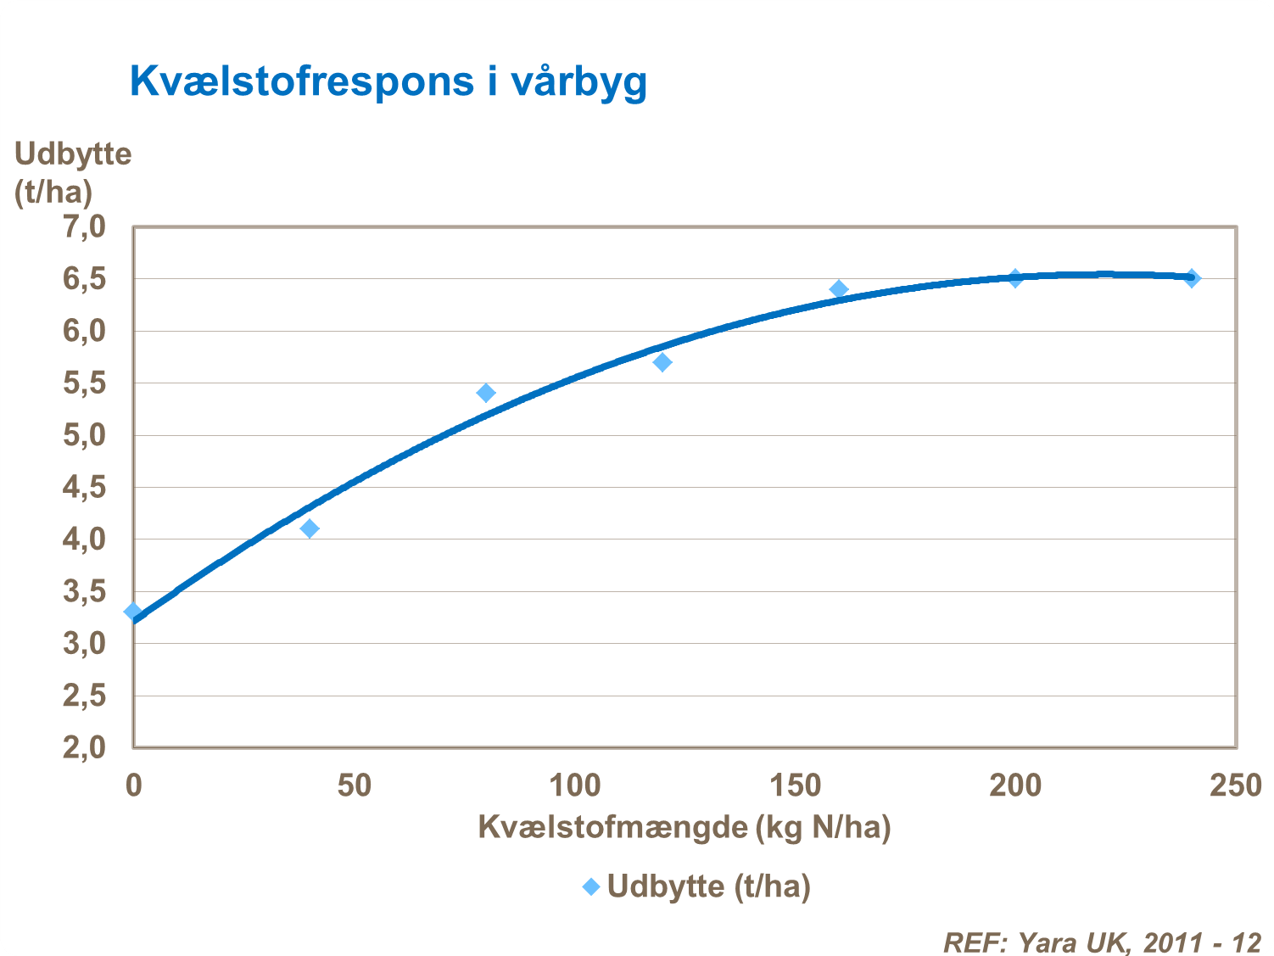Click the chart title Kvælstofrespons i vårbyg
coord(388,82)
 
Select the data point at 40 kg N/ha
coord(310,528)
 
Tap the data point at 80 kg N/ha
coord(486,393)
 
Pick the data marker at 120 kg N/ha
coord(662,362)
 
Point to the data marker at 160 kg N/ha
coord(839,289)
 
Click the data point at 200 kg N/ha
coord(1015,278)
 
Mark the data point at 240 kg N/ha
coord(1192,278)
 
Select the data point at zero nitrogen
coord(133,612)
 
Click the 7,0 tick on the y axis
coord(84,227)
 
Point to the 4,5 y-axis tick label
coord(84,488)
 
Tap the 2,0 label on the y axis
coord(84,747)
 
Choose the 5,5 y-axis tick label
coord(84,383)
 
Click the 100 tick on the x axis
coord(574,785)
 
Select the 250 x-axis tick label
coord(1235,785)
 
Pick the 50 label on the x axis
coord(354,785)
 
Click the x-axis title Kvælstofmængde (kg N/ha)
coord(684,827)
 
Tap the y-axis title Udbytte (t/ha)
coord(72,173)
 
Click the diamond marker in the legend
coord(591,886)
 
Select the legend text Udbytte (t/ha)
coord(709,886)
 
